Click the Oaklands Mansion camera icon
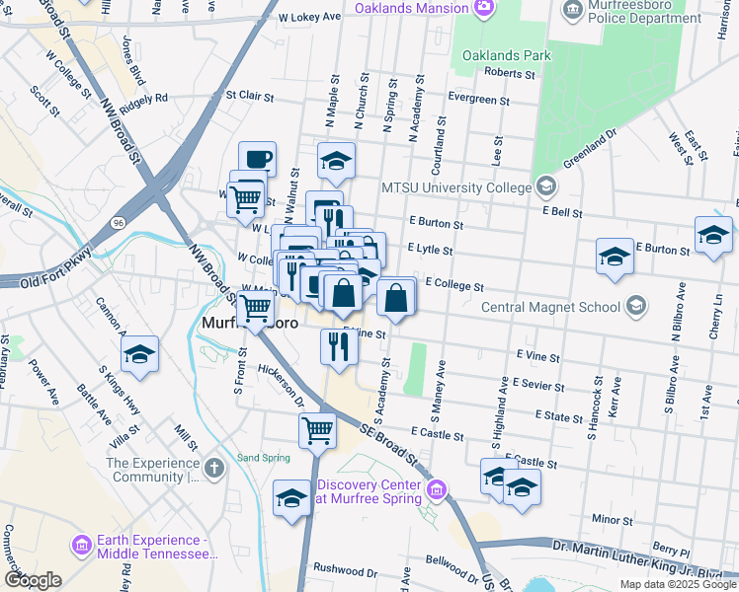tap(483, 10)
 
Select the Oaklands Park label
tap(506, 55)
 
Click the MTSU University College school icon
tap(544, 186)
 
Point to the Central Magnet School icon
tap(637, 306)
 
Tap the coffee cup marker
tap(257, 158)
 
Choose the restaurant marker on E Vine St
tap(339, 346)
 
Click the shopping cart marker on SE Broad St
tap(317, 429)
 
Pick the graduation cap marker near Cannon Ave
tap(140, 354)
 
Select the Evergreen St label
tap(478, 101)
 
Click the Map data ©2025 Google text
tap(677, 584)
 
